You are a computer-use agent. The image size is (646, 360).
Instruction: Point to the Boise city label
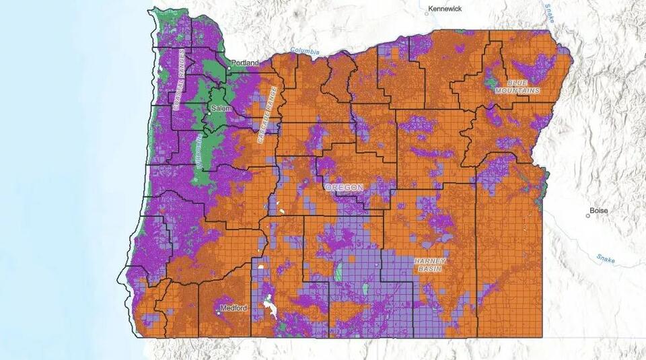pyautogui.click(x=598, y=211)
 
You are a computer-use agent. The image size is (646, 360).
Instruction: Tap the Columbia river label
pyautogui.click(x=306, y=51)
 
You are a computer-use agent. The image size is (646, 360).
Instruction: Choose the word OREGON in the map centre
pyautogui.click(x=344, y=188)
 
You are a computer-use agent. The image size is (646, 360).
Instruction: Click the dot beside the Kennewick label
pyautogui.click(x=427, y=11)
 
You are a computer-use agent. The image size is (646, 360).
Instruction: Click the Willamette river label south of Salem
pyautogui.click(x=199, y=149)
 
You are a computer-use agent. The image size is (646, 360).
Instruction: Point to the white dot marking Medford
pyautogui.click(x=221, y=312)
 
